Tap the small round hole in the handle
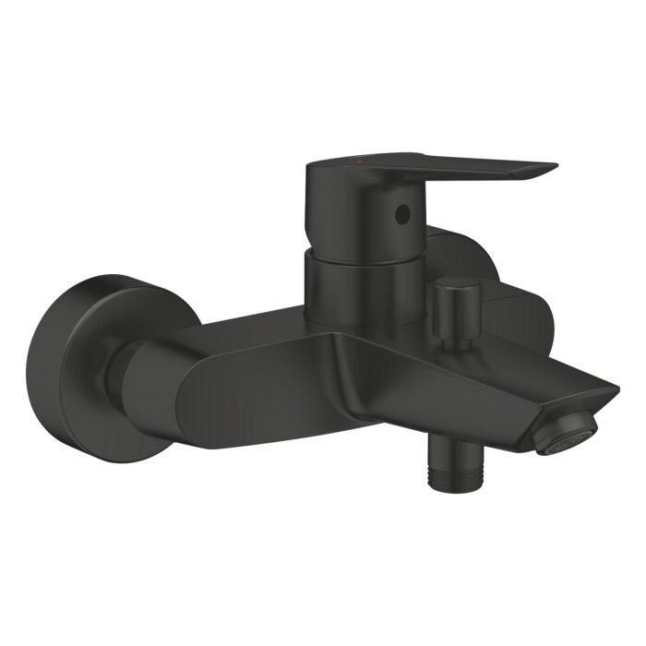point(401,215)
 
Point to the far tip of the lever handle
point(552,169)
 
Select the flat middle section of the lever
point(461,166)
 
